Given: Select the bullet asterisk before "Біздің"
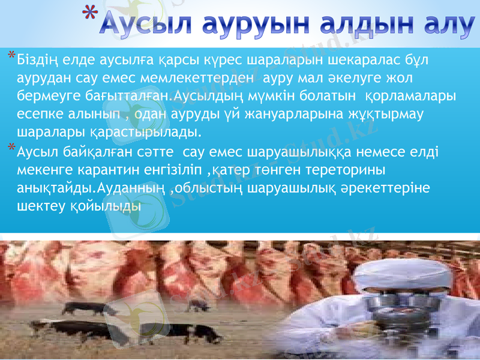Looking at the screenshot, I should click(x=11, y=56).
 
